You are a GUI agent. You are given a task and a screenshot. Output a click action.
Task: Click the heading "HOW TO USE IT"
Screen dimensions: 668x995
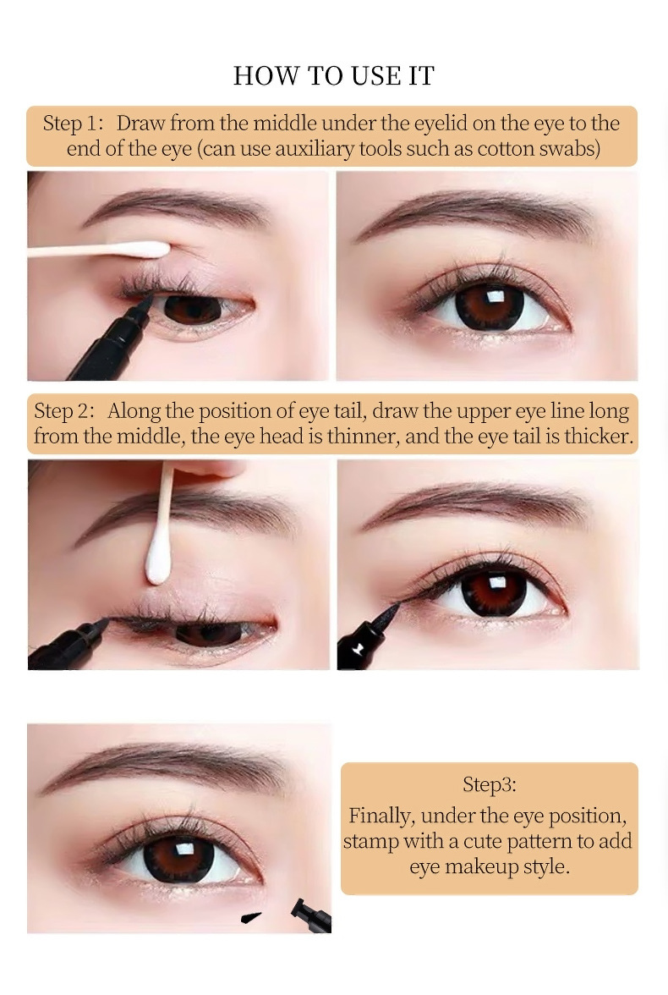(334, 75)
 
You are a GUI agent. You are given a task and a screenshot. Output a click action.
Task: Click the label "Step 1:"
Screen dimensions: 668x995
(73, 124)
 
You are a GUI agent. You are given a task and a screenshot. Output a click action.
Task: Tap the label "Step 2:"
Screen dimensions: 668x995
(64, 410)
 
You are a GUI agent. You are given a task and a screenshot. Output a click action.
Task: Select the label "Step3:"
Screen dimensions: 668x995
(489, 784)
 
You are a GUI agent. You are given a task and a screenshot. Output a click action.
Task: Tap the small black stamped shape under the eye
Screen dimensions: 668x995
(251, 917)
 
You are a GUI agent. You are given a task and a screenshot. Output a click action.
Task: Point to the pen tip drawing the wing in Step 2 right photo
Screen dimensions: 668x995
(387, 613)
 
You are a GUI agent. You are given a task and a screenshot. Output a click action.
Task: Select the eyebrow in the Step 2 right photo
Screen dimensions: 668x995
(476, 501)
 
